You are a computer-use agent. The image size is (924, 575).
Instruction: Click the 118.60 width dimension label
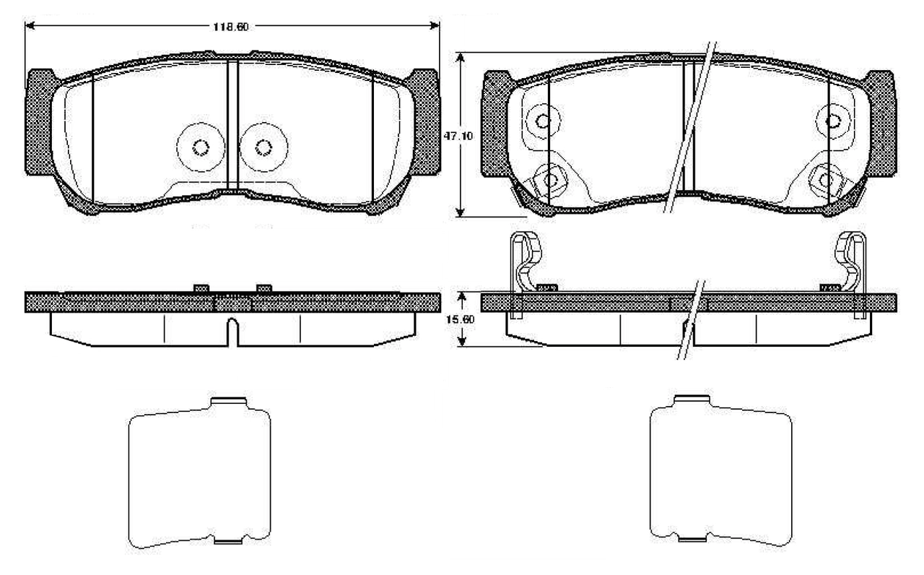tap(231, 27)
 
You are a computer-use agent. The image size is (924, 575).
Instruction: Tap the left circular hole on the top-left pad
tap(200, 147)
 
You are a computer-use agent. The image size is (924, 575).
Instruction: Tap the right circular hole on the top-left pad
tap(263, 147)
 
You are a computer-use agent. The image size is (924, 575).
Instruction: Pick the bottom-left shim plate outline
tap(199, 474)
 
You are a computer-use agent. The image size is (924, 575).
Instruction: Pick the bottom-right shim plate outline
tap(721, 474)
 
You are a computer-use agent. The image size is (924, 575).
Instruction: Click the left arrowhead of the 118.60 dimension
tap(30, 27)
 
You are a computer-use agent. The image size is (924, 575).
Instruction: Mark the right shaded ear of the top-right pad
tap(882, 123)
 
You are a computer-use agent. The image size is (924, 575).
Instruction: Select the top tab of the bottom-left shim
tap(228, 402)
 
